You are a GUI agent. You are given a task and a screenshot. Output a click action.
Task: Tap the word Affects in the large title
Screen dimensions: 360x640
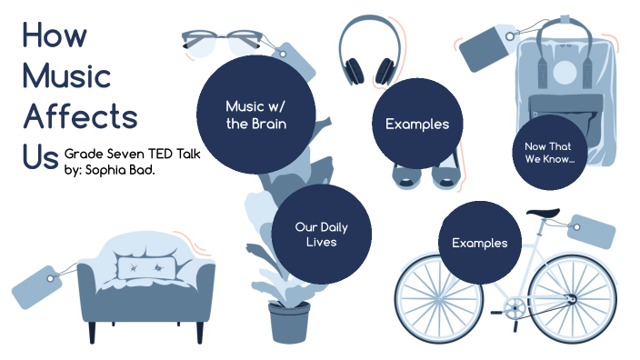[x=80, y=116]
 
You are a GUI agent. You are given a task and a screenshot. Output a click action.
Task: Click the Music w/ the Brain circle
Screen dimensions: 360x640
[x=256, y=115]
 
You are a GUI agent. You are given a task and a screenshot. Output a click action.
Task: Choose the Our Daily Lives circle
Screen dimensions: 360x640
[x=321, y=235]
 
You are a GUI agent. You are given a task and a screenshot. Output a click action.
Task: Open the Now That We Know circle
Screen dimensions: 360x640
[x=548, y=152]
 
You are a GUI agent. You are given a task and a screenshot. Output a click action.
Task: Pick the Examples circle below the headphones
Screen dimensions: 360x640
[x=417, y=125]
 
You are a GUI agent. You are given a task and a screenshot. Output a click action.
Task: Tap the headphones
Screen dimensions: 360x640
[x=369, y=50]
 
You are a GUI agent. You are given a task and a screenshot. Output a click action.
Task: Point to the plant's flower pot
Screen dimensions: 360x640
[x=288, y=322]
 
